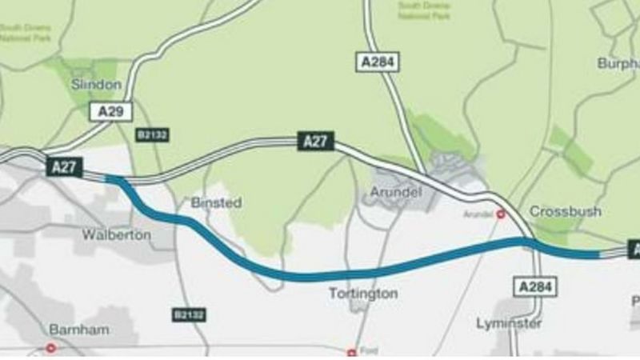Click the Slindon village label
[x=96, y=84]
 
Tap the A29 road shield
[x=110, y=111]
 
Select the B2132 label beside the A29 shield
[x=152, y=134]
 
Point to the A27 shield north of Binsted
[x=316, y=142]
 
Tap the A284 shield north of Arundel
[x=376, y=62]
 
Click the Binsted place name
[x=216, y=203]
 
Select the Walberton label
[x=116, y=235]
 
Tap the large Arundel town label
[x=395, y=193]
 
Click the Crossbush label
[x=566, y=211]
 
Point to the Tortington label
[x=363, y=294]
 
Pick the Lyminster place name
[x=509, y=323]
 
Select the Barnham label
[x=78, y=329]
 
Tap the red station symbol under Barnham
[x=51, y=348]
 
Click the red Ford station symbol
[x=350, y=352]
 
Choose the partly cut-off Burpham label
[x=618, y=62]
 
